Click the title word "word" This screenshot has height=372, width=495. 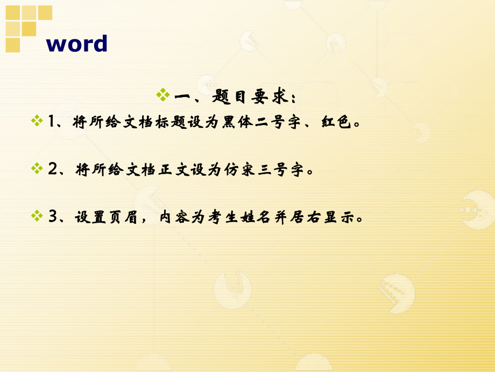[x=77, y=44]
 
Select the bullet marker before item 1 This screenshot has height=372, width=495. [x=37, y=120]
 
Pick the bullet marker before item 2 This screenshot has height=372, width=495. [x=37, y=169]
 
